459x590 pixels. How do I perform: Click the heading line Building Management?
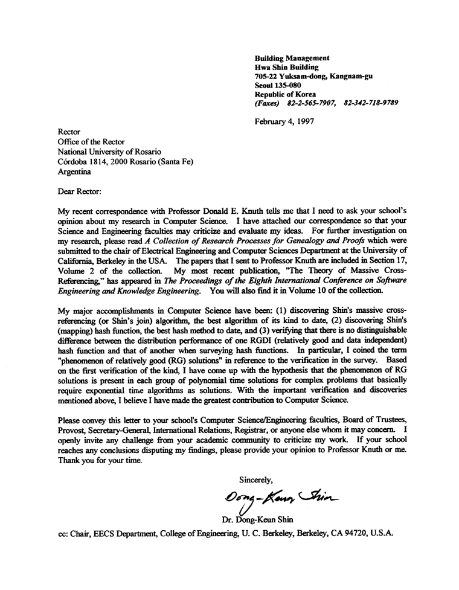pyautogui.click(x=292, y=57)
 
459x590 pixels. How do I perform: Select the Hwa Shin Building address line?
pyautogui.click(x=287, y=67)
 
